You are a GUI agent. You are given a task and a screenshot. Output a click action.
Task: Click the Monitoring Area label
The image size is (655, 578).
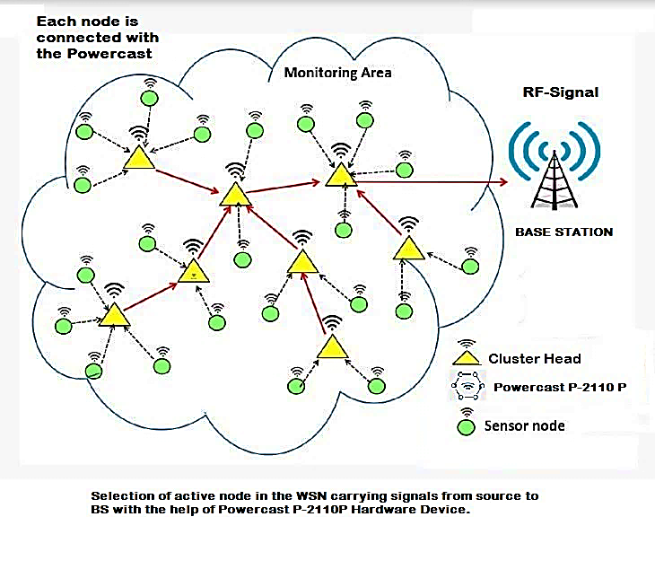(337, 73)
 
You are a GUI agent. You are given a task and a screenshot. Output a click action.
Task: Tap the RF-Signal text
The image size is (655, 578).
(561, 92)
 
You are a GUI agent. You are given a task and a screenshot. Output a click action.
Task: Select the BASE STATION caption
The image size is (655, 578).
(564, 232)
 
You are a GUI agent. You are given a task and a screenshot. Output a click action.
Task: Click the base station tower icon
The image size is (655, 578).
(555, 165)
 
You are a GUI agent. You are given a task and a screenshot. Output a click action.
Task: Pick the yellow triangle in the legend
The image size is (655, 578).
(467, 358)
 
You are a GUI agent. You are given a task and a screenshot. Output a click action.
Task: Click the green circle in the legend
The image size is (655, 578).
(467, 426)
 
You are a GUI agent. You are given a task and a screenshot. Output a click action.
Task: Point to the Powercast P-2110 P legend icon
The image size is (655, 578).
(467, 385)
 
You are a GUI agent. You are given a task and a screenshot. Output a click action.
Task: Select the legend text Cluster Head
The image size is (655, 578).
(535, 359)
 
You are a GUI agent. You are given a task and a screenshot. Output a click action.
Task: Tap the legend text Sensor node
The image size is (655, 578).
(524, 426)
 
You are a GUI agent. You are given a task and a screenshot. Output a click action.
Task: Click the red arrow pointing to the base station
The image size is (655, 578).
(432, 182)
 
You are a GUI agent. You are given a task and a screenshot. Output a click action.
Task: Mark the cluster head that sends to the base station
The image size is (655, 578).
(341, 175)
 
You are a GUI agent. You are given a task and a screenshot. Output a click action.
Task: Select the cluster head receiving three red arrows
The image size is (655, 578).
(236, 195)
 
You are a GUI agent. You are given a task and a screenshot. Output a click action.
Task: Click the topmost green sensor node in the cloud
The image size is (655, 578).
(150, 99)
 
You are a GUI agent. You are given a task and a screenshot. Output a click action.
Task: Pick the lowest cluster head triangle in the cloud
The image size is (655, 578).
(333, 346)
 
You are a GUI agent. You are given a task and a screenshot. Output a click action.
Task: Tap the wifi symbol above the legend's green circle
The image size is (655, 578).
(467, 412)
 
